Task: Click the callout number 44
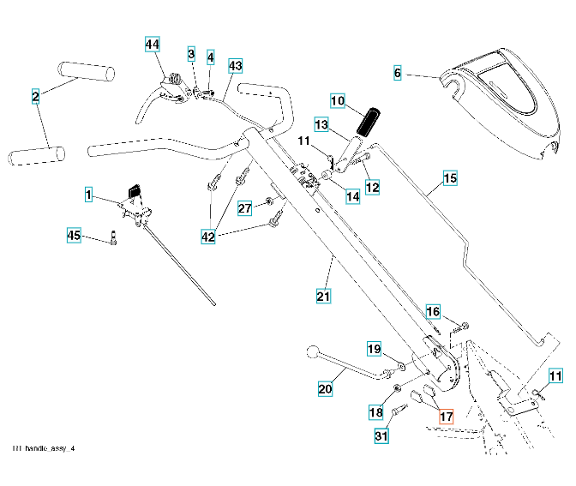tap(153, 44)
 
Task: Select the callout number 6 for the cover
tap(397, 74)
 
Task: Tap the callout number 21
tap(323, 297)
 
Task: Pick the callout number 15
tap(450, 179)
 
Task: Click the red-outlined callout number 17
tap(445, 417)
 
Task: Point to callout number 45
tap(74, 234)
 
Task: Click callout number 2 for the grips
tap(35, 97)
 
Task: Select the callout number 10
tap(337, 101)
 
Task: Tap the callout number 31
tap(381, 436)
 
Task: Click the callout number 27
tap(244, 208)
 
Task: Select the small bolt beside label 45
tap(113, 240)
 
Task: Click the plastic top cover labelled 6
tap(506, 94)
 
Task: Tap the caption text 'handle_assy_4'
tap(49, 448)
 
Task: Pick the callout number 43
tap(236, 65)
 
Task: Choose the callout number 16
tap(433, 311)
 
